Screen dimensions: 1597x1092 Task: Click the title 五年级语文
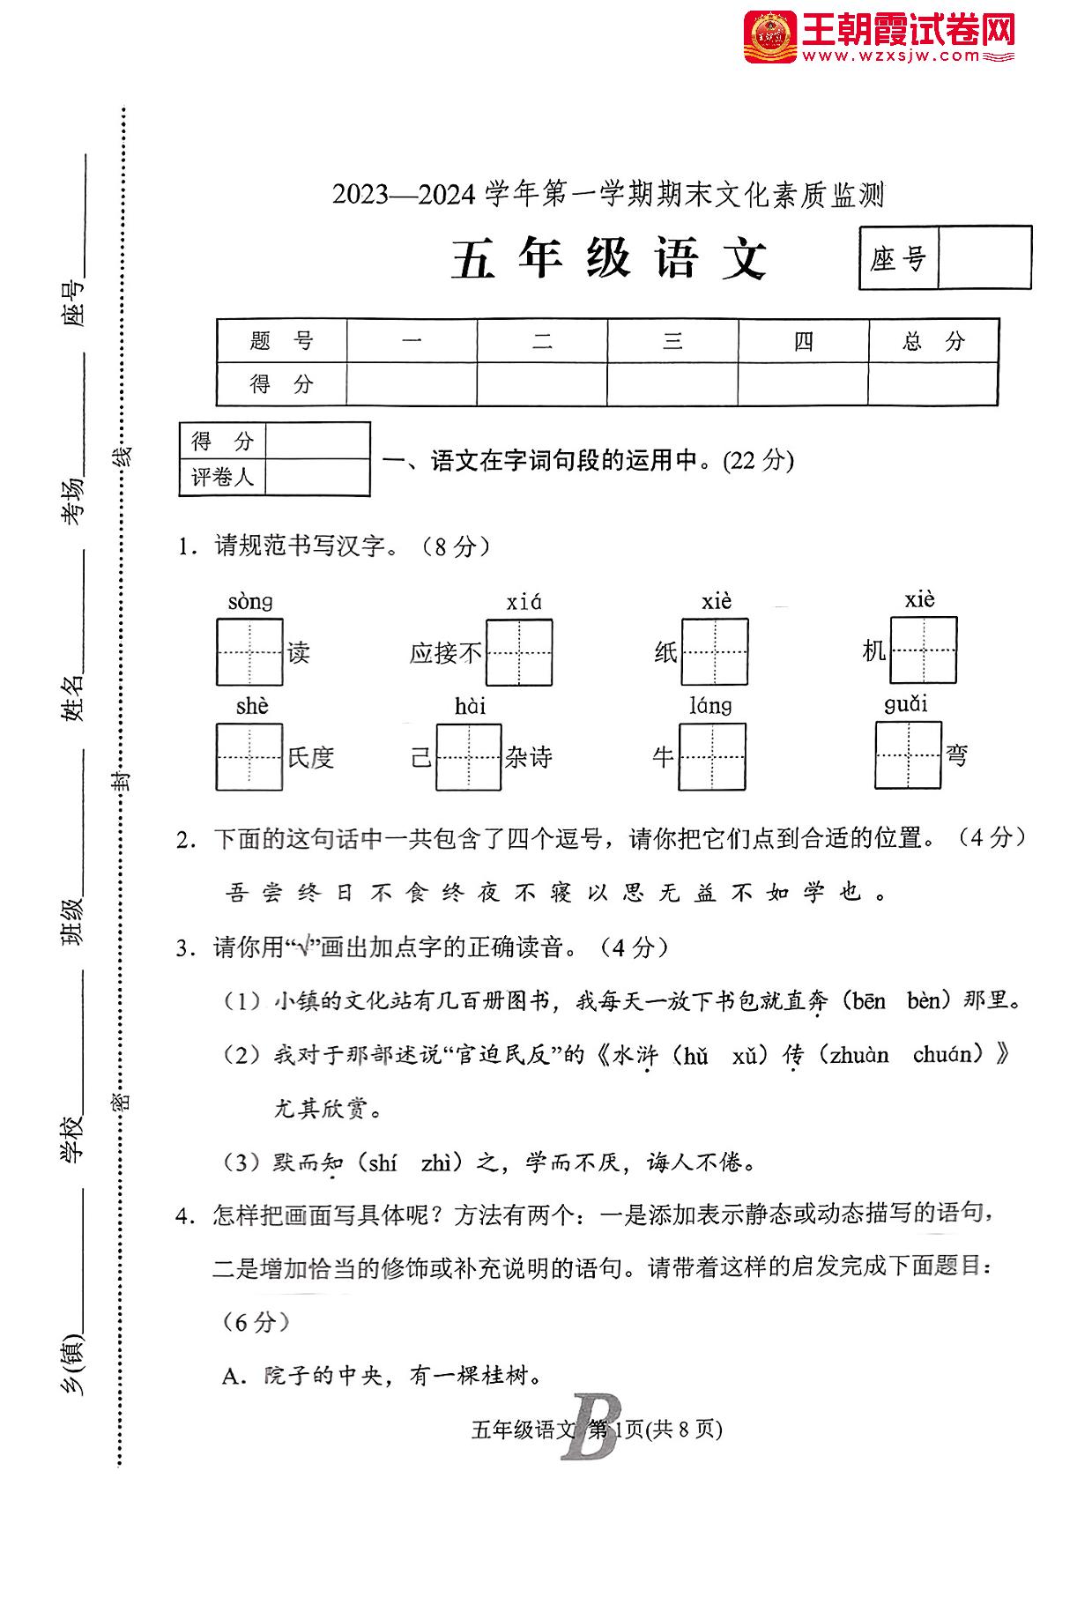click(609, 259)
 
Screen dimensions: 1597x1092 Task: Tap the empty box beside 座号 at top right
click(984, 257)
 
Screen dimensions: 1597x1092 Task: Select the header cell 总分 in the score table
click(932, 341)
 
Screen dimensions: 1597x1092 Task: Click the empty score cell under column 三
click(672, 384)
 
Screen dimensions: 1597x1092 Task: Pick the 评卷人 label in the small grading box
click(222, 477)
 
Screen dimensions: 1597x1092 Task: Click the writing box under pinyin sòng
click(249, 652)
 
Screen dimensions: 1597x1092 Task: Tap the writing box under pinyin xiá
click(519, 652)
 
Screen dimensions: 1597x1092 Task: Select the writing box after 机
click(922, 650)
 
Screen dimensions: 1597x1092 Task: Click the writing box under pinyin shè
click(249, 756)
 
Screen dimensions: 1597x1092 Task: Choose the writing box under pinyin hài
click(468, 756)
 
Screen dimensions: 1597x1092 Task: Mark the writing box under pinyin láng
click(711, 756)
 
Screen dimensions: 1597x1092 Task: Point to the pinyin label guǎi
click(906, 703)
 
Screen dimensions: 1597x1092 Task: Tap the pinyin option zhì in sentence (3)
click(436, 1162)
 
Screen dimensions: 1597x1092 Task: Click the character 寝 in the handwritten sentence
click(561, 893)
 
